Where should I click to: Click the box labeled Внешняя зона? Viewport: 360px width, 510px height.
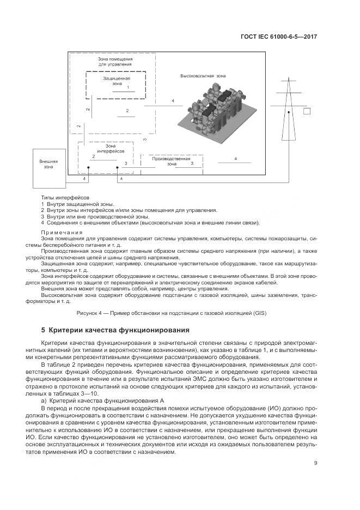pyautogui.click(x=49, y=164)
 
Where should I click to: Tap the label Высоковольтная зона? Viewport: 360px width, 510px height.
pyautogui.click(x=203, y=75)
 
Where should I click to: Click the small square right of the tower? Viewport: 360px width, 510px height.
pyautogui.click(x=307, y=112)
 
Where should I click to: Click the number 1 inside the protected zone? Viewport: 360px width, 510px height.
pyautogui.click(x=128, y=87)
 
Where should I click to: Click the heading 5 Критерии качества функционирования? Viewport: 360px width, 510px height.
pyautogui.click(x=115, y=330)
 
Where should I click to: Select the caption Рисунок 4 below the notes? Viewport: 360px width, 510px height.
pyautogui.click(x=179, y=313)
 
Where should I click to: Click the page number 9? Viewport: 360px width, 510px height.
pyautogui.click(x=316, y=463)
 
